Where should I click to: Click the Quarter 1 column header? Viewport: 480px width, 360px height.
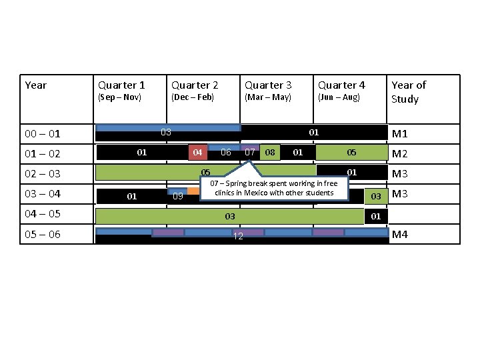click(121, 85)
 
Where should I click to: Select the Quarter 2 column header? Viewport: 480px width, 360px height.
click(195, 85)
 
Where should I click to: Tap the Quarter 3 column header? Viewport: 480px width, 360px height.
click(268, 85)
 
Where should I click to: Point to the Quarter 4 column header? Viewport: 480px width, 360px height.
click(341, 85)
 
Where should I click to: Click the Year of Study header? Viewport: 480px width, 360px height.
click(409, 92)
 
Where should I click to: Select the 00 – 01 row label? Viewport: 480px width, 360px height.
click(43, 134)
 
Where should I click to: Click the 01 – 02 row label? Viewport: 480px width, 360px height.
click(43, 154)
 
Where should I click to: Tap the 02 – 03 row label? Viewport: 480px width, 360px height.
click(43, 174)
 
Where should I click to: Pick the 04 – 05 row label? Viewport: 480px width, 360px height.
click(43, 214)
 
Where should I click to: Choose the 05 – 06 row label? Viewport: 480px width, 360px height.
click(43, 234)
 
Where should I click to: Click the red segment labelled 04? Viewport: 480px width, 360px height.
click(197, 153)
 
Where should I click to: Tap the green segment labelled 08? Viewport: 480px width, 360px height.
click(270, 153)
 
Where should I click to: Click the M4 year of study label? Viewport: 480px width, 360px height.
click(400, 234)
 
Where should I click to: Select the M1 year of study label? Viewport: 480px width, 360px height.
click(400, 134)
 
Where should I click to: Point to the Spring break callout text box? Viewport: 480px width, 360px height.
click(274, 189)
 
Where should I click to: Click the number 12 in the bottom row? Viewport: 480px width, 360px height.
click(237, 238)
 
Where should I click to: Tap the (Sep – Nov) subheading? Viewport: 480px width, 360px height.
click(119, 97)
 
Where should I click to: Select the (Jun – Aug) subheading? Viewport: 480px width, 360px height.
click(339, 97)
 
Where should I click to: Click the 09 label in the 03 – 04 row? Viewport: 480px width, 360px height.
click(177, 197)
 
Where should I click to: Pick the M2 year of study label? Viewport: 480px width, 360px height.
click(400, 154)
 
